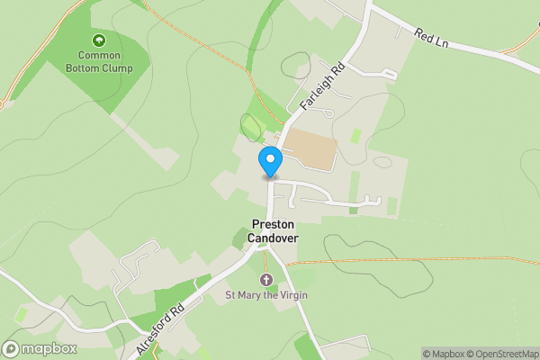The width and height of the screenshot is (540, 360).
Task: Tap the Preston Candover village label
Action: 274,231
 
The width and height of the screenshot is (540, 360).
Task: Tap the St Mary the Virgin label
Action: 265,295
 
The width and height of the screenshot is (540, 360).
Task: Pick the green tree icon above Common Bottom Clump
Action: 98,40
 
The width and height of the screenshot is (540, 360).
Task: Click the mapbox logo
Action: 39,349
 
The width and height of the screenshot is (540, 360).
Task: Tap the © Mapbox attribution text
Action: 445,354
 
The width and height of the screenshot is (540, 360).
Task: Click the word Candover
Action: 274,238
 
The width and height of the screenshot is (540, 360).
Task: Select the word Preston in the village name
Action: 274,225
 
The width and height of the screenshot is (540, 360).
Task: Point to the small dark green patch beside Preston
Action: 240,238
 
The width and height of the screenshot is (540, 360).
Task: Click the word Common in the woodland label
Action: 98,55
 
